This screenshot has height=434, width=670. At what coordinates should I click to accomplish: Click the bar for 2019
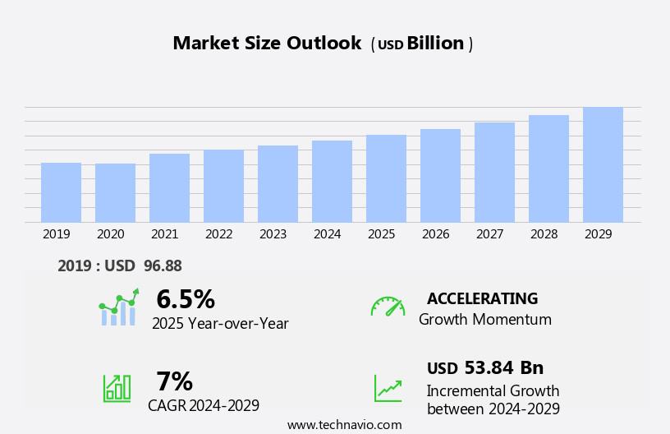[x=61, y=192]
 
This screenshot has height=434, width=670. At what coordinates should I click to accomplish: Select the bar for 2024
[x=332, y=181]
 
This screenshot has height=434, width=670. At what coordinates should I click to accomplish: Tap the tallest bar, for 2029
[x=603, y=164]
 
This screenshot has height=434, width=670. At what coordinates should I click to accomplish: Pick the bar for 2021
[x=169, y=187]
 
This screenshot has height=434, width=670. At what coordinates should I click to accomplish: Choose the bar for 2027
[x=494, y=172]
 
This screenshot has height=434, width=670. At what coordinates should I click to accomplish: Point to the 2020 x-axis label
[x=111, y=234]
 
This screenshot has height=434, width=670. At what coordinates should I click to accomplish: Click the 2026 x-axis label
[x=436, y=234]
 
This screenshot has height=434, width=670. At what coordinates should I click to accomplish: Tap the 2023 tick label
[x=273, y=234]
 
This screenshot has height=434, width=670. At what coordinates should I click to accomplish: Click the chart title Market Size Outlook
[x=267, y=44]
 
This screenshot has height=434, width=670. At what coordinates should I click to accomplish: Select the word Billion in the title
[x=435, y=44]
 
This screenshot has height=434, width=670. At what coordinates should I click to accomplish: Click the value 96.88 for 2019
[x=163, y=265]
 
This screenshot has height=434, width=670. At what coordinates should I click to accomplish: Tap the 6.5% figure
[x=186, y=299]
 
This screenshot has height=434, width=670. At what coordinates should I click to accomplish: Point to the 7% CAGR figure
[x=174, y=381]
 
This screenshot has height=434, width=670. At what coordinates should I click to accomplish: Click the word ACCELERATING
[x=482, y=298]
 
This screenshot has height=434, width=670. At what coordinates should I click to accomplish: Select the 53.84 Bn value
[x=503, y=367]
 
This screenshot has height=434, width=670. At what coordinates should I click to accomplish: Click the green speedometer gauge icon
[x=388, y=307]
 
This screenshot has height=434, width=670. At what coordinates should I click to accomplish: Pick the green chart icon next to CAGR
[x=117, y=387]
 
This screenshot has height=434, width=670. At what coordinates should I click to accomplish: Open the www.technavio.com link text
[x=344, y=425]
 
